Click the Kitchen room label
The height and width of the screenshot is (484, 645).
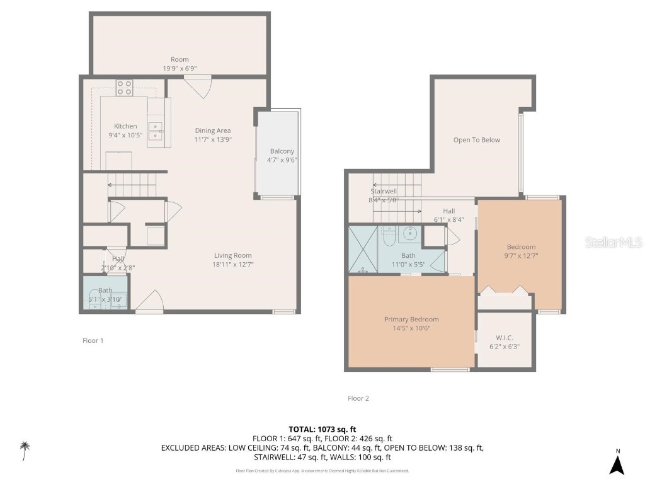pos(125,126)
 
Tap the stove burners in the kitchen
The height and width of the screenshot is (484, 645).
pos(124,88)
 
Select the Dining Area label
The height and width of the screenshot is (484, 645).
pos(212,130)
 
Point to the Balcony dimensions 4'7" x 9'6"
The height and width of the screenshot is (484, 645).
pos(283,160)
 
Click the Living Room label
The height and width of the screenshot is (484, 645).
pos(232,255)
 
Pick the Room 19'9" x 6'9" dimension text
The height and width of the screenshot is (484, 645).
pos(180,68)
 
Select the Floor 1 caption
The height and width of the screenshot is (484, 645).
pos(93,340)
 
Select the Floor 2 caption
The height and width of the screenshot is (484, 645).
pos(358,398)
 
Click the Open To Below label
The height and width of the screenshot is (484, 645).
pos(477,140)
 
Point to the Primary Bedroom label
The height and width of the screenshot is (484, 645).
pos(411,319)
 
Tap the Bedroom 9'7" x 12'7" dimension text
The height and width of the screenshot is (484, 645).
pos(522,256)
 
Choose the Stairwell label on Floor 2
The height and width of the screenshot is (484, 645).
pos(383,191)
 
